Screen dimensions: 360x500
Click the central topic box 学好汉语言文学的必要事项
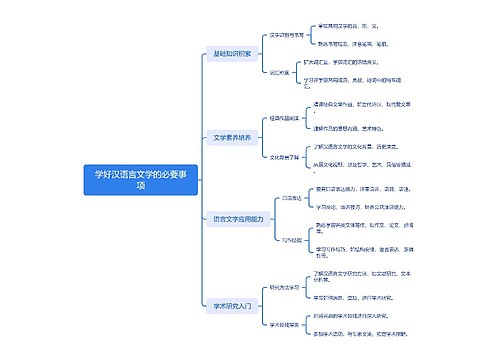coord(139,179)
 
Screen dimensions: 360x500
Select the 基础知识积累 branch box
coord(232,52)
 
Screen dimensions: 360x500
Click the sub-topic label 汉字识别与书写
coord(288,33)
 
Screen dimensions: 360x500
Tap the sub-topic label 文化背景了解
coord(285,156)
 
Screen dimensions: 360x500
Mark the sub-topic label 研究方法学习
coord(285,285)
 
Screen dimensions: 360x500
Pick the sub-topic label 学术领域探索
coord(285,324)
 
